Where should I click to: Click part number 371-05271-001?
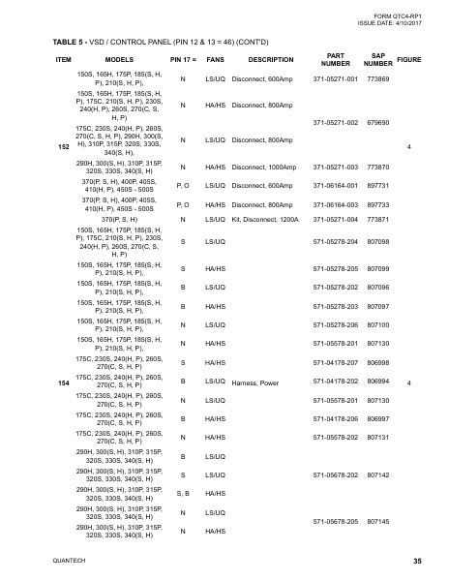(336, 77)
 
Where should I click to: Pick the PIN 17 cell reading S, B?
(183, 493)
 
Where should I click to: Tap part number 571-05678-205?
(336, 521)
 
